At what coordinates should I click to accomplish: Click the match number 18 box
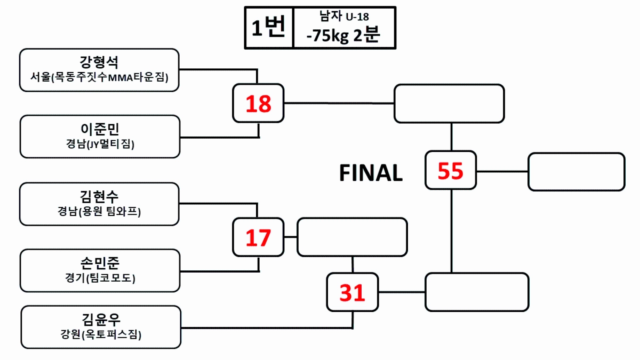click(x=259, y=103)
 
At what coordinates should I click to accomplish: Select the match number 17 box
click(x=259, y=237)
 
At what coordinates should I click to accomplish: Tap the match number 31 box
click(x=353, y=292)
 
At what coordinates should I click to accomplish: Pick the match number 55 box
click(x=451, y=171)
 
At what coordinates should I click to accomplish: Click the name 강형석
click(x=99, y=61)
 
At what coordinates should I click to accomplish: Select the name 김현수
click(x=99, y=195)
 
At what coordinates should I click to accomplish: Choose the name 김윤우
click(x=101, y=319)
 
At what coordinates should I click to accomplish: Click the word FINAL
click(x=371, y=173)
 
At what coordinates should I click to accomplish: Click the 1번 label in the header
click(x=269, y=28)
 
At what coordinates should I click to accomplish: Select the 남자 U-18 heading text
click(x=343, y=17)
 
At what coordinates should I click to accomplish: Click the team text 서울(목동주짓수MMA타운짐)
click(x=99, y=78)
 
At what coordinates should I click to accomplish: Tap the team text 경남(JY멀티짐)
click(x=99, y=145)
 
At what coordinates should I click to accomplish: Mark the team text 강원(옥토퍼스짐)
click(x=101, y=335)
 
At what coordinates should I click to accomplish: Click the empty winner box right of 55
click(x=576, y=172)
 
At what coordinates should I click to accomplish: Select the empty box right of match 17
click(x=352, y=237)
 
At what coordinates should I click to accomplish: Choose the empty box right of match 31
click(x=477, y=292)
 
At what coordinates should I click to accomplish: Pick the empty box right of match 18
click(x=449, y=103)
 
